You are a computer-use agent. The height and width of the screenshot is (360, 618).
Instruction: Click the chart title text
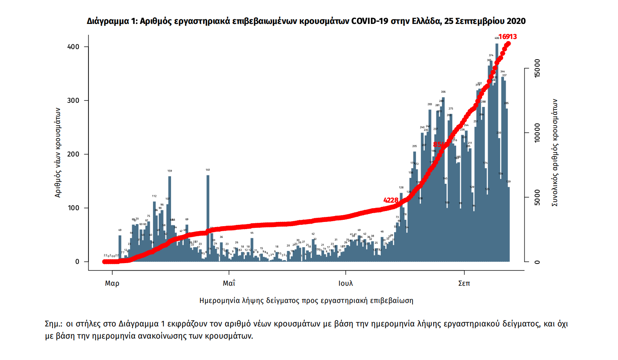pos(306,21)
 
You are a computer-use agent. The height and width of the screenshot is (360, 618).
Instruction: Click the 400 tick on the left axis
pos(73,47)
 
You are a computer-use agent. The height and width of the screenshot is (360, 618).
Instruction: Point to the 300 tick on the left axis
pos(73,100)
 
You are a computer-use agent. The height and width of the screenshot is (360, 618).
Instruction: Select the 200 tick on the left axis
pos(73,154)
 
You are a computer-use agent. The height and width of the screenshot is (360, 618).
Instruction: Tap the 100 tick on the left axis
pos(73,208)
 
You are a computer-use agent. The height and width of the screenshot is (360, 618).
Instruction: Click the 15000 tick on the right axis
pos(537,68)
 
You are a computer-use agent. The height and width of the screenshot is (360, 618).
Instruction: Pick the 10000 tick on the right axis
pos(537,133)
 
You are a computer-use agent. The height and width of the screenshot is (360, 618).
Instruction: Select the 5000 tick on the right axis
pos(537,198)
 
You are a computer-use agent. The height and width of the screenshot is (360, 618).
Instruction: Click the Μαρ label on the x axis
pos(112,283)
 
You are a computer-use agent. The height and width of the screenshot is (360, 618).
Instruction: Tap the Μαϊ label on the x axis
pos(229,283)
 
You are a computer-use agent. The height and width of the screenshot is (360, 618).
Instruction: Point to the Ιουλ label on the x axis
pos(346,283)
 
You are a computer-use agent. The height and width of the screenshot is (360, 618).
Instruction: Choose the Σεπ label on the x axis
pos(464,283)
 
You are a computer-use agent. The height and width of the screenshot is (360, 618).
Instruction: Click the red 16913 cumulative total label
pos(507,37)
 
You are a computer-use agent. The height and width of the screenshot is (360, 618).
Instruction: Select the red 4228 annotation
pos(391,200)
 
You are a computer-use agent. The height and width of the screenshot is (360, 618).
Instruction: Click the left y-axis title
pos(58,153)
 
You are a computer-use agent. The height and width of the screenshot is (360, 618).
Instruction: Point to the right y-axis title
pos(555,153)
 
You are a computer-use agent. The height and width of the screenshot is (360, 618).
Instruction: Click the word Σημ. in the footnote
pos(53,324)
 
